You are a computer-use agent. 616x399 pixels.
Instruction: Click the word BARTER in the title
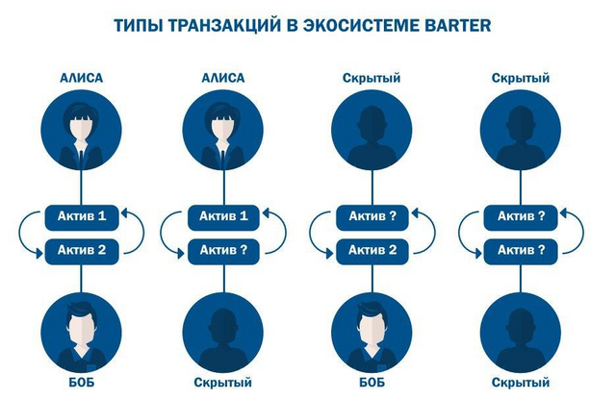point(458,25)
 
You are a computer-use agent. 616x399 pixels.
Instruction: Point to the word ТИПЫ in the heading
point(139,25)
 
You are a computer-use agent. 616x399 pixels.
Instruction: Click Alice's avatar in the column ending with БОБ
point(81,130)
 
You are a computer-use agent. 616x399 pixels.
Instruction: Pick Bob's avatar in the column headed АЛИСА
point(81,333)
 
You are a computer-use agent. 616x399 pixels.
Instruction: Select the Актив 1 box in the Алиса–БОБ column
point(82,216)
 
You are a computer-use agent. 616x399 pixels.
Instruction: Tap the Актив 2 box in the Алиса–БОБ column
point(82,251)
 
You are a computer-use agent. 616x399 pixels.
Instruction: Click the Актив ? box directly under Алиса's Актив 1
point(223,251)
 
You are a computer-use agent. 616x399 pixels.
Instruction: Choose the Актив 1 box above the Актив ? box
point(223,216)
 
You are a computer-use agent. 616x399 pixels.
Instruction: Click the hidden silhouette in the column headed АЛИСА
point(223,333)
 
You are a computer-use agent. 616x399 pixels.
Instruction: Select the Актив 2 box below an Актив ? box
point(372,251)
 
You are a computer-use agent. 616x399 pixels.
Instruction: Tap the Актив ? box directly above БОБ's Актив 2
point(372,216)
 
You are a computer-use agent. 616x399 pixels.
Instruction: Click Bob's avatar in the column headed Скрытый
point(372,333)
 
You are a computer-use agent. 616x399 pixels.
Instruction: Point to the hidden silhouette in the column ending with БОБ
point(372,130)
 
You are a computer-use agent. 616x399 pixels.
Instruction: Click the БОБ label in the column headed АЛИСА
point(82,383)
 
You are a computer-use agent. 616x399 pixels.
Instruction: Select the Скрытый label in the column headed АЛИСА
point(222,383)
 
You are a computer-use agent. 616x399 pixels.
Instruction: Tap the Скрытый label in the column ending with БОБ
point(372,78)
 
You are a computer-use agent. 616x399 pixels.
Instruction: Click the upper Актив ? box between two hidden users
point(521,216)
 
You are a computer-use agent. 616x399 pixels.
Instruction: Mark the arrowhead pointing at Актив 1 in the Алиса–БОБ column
point(125,213)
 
